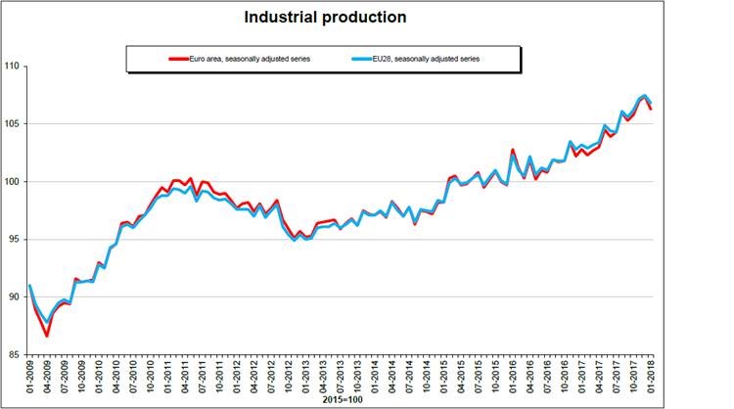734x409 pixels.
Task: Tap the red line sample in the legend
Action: pyautogui.click(x=177, y=59)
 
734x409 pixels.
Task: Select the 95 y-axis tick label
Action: pyautogui.click(x=13, y=239)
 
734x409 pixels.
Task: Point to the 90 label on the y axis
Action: pyautogui.click(x=13, y=296)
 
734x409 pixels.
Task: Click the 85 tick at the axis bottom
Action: pyautogui.click(x=13, y=354)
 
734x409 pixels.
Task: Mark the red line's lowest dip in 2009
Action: pyautogui.click(x=47, y=336)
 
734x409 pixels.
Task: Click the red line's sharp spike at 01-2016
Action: pyautogui.click(x=512, y=150)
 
